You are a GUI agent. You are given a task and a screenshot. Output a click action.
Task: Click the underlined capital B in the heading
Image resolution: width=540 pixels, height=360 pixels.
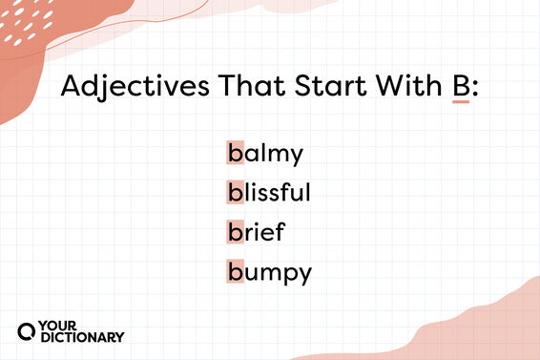461,87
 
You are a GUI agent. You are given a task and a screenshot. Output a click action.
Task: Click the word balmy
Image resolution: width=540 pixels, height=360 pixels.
264,153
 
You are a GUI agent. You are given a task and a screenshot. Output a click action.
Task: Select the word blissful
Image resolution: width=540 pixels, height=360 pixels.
269,191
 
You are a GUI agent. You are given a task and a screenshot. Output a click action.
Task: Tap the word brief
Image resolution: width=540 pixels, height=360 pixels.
256,231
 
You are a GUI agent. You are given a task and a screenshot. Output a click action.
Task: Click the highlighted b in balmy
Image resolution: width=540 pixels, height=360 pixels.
235,152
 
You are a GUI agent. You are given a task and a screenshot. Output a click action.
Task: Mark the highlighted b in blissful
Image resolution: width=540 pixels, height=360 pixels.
235,191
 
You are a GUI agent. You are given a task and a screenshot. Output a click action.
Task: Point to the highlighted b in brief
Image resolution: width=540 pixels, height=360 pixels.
235,231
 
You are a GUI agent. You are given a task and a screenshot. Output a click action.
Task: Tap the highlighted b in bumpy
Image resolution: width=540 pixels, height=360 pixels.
235,271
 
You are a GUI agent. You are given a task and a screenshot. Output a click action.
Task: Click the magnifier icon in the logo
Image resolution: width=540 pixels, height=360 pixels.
28,330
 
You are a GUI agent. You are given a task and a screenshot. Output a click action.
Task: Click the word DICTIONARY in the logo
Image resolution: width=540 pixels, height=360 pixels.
82,337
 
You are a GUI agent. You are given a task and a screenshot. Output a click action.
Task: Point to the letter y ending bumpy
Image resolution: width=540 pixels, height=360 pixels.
304,275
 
